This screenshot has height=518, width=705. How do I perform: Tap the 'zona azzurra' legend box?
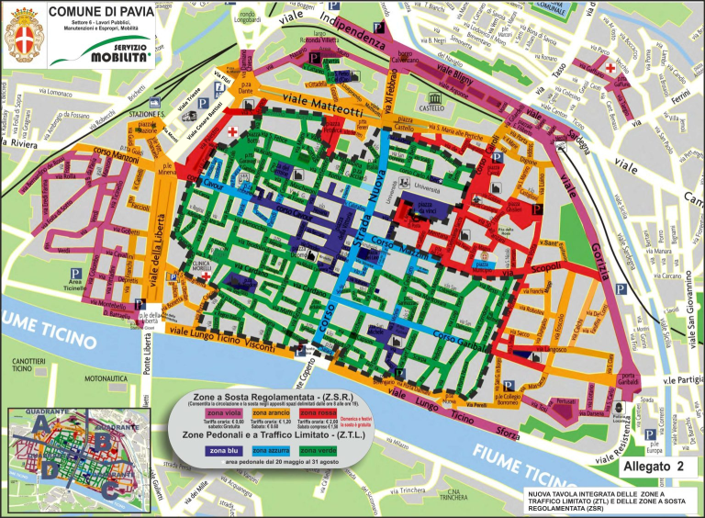click(272, 451)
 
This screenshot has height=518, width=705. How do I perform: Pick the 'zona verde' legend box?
click(319, 451)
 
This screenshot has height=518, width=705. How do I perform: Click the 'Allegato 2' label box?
click(653, 467)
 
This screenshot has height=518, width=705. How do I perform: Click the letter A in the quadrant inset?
click(40, 424)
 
